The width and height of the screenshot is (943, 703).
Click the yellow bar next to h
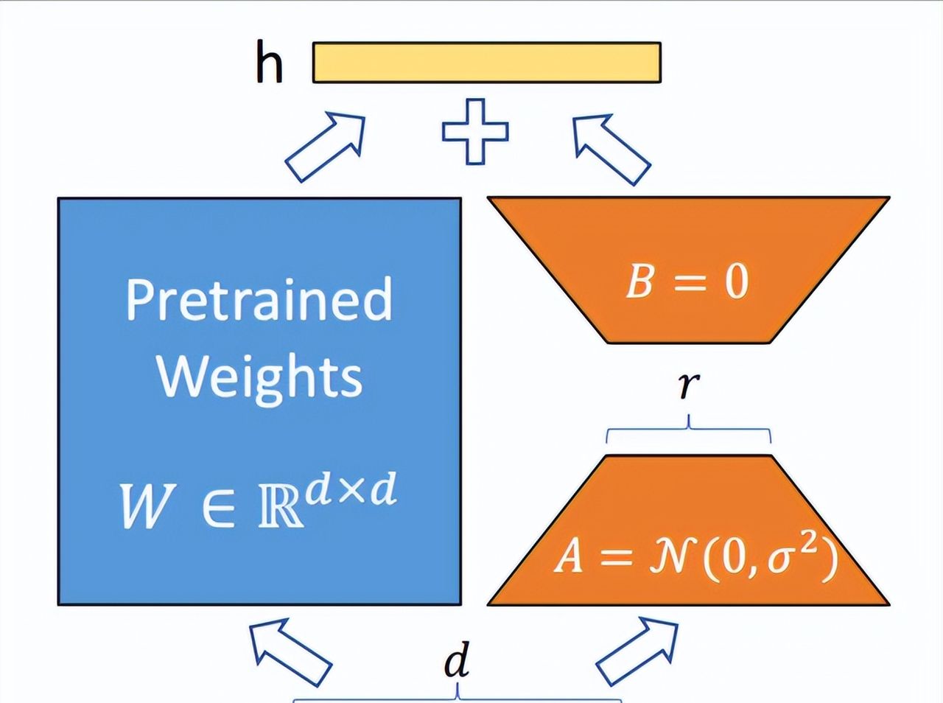pyautogui.click(x=486, y=62)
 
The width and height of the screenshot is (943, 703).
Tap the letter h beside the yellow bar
pyautogui.click(x=269, y=63)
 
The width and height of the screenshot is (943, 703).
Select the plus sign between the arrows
pyautogui.click(x=475, y=131)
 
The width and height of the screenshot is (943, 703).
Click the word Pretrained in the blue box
pyautogui.click(x=259, y=299)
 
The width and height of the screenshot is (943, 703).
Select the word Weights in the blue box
pyautogui.click(x=259, y=376)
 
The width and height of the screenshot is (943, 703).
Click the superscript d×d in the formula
pyautogui.click(x=351, y=489)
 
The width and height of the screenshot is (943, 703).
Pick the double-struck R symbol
pyautogui.click(x=281, y=507)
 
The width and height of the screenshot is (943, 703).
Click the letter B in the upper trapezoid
pyautogui.click(x=639, y=281)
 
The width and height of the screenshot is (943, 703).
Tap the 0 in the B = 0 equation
pyautogui.click(x=735, y=281)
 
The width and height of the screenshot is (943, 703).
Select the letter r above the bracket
pyautogui.click(x=688, y=385)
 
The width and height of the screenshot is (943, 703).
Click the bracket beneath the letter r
pyautogui.click(x=689, y=430)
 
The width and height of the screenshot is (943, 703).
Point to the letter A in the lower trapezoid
pyautogui.click(x=569, y=556)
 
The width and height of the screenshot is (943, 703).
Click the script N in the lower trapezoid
pyautogui.click(x=670, y=557)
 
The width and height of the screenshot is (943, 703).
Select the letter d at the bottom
pyautogui.click(x=457, y=661)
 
